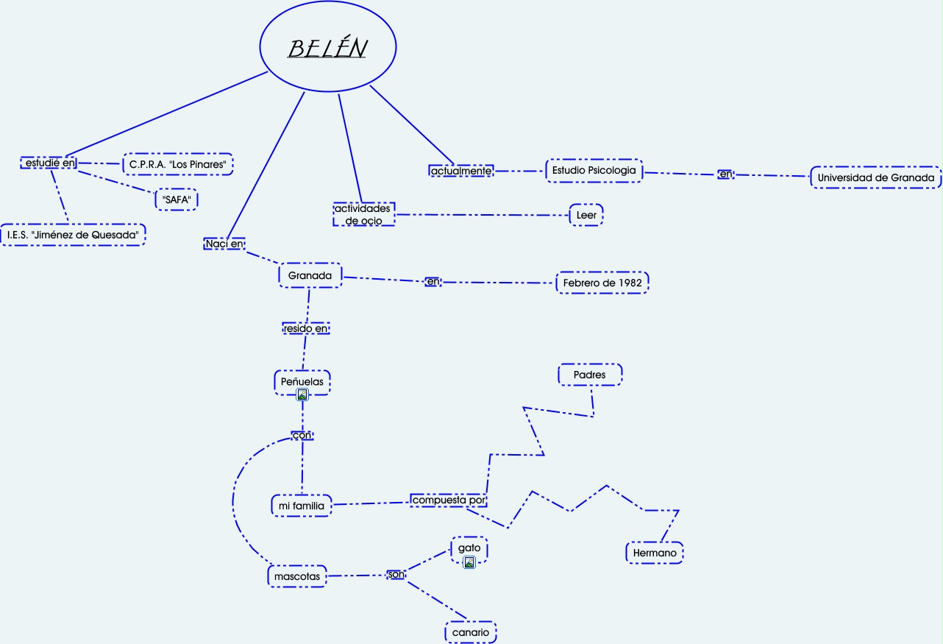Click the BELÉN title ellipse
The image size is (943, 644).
(x=328, y=48)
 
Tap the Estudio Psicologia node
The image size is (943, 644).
(x=594, y=171)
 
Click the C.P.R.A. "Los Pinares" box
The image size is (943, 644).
(x=177, y=164)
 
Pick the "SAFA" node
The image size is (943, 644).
(x=176, y=199)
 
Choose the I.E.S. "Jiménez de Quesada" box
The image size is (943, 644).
(x=73, y=234)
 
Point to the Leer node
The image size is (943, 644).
(x=586, y=215)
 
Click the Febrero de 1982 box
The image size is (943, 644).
(x=602, y=283)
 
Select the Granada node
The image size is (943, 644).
(x=310, y=275)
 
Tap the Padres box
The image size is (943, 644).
(x=589, y=375)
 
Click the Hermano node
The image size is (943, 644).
(x=654, y=552)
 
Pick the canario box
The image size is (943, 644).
(x=471, y=632)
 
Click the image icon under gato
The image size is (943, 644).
(x=469, y=563)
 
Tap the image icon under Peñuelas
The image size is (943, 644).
(x=302, y=395)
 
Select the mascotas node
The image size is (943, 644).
(x=297, y=576)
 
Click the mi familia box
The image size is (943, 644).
(x=302, y=506)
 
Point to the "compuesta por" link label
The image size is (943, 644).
(x=449, y=500)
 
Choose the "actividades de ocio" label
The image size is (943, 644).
(x=363, y=214)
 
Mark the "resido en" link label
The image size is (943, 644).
(x=306, y=328)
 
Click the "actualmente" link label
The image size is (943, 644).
(x=460, y=171)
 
